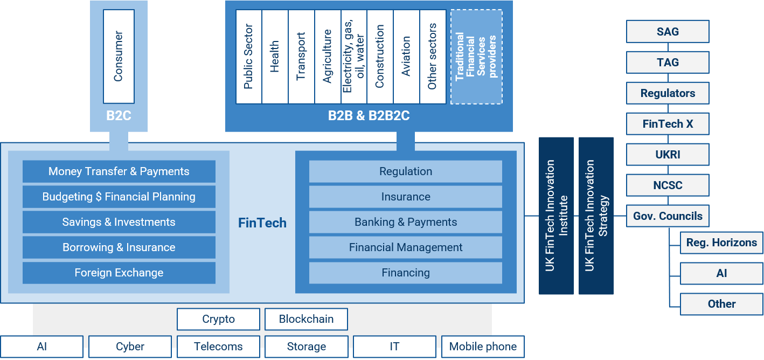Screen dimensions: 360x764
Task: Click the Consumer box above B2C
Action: pyautogui.click(x=119, y=57)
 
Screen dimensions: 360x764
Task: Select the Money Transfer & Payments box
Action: pyautogui.click(x=119, y=171)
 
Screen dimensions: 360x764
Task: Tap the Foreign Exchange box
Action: pyautogui.click(x=119, y=273)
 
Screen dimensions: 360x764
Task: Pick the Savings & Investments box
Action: pyautogui.click(x=119, y=222)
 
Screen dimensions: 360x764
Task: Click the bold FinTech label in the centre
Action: pyautogui.click(x=262, y=223)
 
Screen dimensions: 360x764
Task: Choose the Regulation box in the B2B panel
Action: pyautogui.click(x=406, y=171)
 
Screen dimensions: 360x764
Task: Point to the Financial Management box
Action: pyautogui.click(x=406, y=247)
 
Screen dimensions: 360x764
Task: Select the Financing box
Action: pyautogui.click(x=406, y=273)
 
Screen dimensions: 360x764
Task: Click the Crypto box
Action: pyautogui.click(x=218, y=319)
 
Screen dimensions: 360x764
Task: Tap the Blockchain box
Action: pyautogui.click(x=306, y=319)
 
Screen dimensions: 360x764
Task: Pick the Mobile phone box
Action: pyautogui.click(x=483, y=347)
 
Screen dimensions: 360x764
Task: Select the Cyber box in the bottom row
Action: pyautogui.click(x=130, y=347)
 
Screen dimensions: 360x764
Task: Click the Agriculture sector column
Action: pyautogui.click(x=328, y=57)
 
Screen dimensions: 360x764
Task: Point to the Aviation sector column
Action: pyautogui.click(x=406, y=57)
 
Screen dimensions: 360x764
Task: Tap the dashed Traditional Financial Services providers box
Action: pyautogui.click(x=476, y=57)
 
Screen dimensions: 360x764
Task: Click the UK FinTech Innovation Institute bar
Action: pyautogui.click(x=556, y=216)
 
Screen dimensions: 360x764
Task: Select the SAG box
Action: pyautogui.click(x=668, y=32)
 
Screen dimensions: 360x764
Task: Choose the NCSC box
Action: pyautogui.click(x=668, y=185)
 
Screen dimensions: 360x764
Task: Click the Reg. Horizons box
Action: pyautogui.click(x=721, y=243)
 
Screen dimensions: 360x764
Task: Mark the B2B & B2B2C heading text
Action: pyautogui.click(x=369, y=115)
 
